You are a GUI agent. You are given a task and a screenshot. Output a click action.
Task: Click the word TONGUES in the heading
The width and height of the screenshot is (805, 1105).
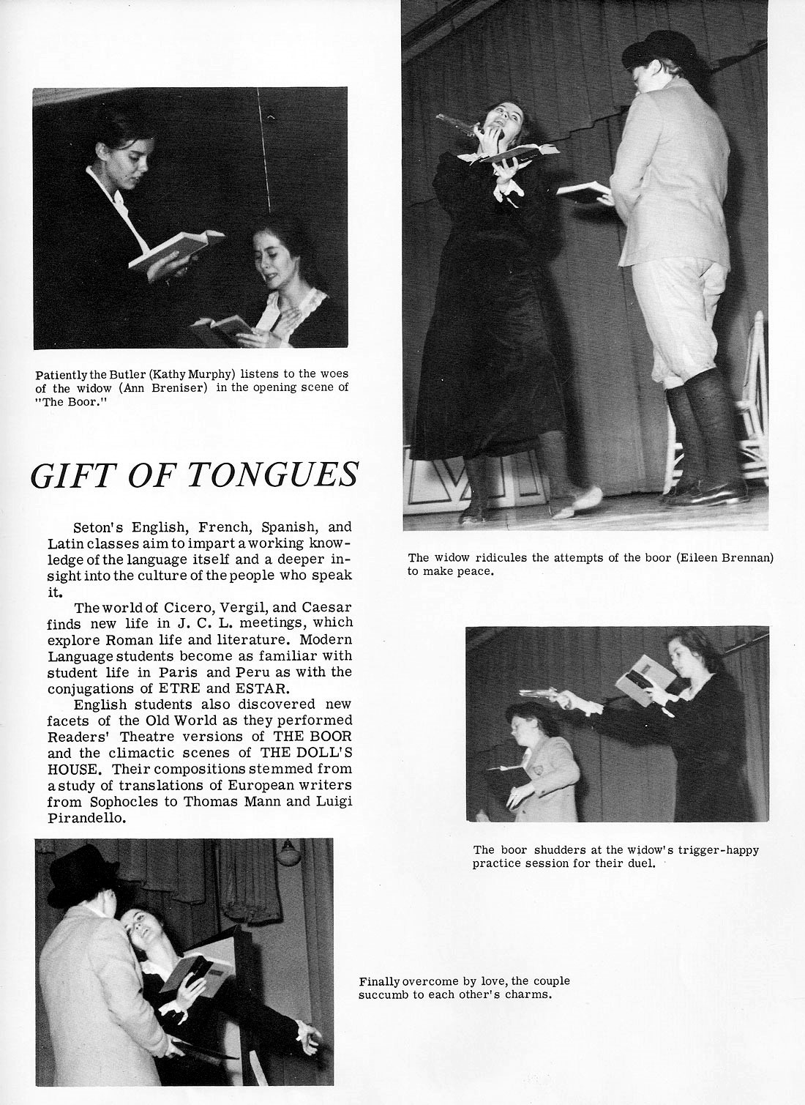[x=274, y=476]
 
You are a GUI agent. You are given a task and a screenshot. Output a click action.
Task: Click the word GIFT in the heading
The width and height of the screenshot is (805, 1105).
[x=70, y=476]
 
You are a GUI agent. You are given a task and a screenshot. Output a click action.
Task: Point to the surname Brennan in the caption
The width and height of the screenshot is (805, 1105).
[x=746, y=557]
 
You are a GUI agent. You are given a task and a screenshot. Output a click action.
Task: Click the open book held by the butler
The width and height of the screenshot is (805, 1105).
[x=176, y=248]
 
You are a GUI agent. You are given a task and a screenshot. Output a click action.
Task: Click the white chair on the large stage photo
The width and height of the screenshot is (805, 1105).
[x=750, y=410]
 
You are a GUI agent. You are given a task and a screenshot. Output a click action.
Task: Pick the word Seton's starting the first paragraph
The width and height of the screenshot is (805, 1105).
[x=99, y=527]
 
